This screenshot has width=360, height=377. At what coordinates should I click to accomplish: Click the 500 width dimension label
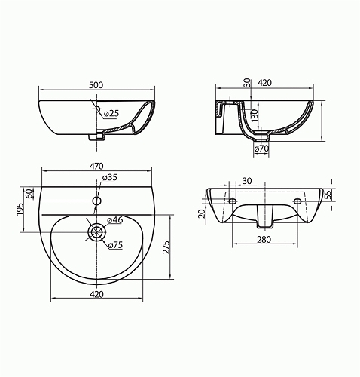96,85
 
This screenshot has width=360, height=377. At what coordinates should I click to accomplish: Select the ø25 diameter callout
111,114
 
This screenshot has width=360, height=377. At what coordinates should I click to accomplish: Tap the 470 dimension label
96,166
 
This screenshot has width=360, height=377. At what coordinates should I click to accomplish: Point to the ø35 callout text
110,177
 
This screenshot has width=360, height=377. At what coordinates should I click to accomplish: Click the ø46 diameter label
114,220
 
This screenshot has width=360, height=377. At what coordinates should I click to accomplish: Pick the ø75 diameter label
116,245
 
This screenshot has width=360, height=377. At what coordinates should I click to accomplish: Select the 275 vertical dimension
166,247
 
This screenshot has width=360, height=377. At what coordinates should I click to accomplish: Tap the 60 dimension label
29,194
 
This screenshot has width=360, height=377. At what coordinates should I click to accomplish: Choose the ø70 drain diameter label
261,149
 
